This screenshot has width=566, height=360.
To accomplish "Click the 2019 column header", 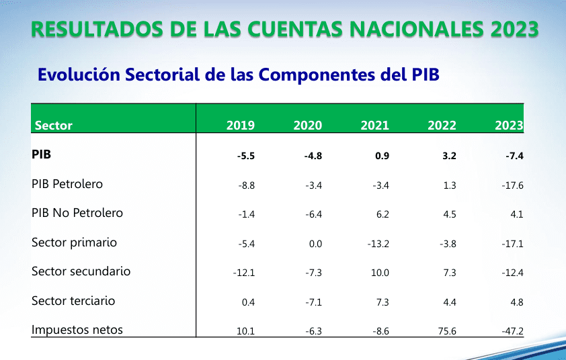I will pyautogui.click(x=241, y=126).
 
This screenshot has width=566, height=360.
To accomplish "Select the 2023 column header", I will pyautogui.click(x=509, y=126).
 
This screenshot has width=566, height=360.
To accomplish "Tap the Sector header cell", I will pyautogui.click(x=53, y=126).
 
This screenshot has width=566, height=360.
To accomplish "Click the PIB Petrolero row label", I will pyautogui.click(x=67, y=184).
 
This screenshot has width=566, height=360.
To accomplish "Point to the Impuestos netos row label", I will pyautogui.click(x=77, y=330).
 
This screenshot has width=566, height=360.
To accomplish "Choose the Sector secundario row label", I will pyautogui.click(x=81, y=271).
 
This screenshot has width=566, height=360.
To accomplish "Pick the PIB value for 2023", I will pyautogui.click(x=514, y=156).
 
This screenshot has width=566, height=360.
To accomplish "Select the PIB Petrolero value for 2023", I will pyautogui.click(x=512, y=185).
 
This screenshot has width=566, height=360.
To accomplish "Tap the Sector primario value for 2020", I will pyautogui.click(x=315, y=244).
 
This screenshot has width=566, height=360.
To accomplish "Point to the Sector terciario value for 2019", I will pyautogui.click(x=248, y=302).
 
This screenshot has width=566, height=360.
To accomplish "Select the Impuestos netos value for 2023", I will pyautogui.click(x=512, y=330).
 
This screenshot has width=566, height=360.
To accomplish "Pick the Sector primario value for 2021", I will pyautogui.click(x=378, y=244).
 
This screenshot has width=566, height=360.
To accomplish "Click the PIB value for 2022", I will pyautogui.click(x=450, y=156).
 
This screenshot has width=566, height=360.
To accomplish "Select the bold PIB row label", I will pyautogui.click(x=42, y=154).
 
